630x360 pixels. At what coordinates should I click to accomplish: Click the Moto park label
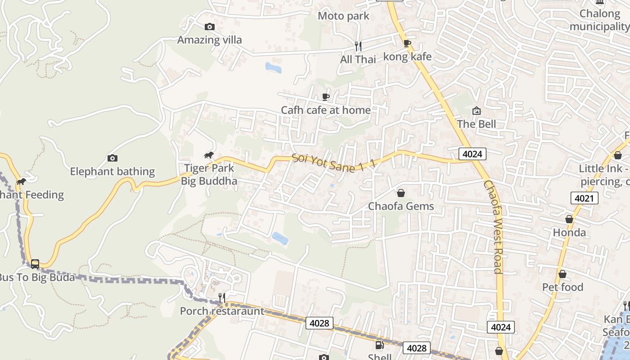343,16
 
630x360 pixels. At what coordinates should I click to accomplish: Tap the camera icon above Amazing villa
210,27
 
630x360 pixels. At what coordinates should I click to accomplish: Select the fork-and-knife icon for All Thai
358,46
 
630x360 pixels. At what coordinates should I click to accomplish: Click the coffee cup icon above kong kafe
407,44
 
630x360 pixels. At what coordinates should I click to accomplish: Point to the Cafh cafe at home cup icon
326,97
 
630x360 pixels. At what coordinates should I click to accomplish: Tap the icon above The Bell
476,111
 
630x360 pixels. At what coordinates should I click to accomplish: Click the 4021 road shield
585,198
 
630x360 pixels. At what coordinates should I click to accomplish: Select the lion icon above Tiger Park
208,156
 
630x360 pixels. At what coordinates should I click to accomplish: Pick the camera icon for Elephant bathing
112,158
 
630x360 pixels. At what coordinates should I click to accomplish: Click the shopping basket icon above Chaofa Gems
401,193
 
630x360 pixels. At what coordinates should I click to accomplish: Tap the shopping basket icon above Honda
569,220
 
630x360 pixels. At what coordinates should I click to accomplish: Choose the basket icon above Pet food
562,274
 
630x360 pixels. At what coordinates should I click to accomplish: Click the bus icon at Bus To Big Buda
35,264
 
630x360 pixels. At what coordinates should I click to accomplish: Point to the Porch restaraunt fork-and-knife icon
222,297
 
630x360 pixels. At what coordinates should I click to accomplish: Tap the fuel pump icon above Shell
380,345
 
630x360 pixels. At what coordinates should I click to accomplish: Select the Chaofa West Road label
493,227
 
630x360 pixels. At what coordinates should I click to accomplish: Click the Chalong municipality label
599,20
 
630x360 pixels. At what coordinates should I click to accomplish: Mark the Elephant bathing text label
112,171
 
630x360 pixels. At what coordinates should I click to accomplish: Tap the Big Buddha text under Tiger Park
209,181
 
